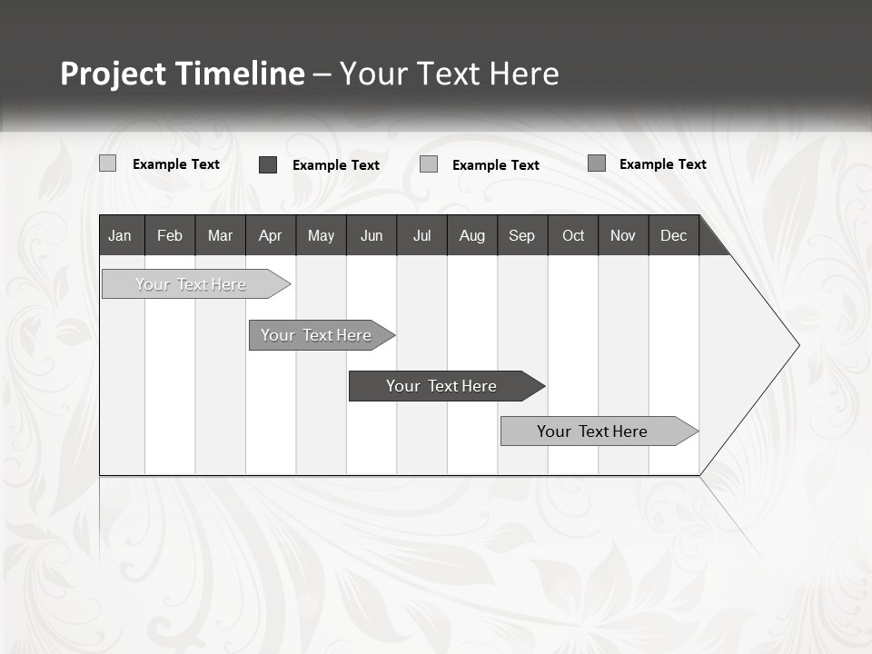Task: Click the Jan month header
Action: (x=120, y=235)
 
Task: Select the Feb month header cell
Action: (x=170, y=235)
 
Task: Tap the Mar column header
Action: (x=220, y=235)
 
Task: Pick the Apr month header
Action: (x=270, y=235)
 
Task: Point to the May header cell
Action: (x=321, y=235)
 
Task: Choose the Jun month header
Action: (x=372, y=235)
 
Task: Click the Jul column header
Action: (x=421, y=235)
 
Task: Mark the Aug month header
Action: (x=471, y=235)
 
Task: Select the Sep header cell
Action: (x=521, y=235)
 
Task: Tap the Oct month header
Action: (x=573, y=235)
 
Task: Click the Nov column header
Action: (x=623, y=235)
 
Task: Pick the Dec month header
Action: (x=673, y=235)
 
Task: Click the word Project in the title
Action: (x=113, y=74)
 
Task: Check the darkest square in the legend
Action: (x=268, y=164)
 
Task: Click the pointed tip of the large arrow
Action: (x=797, y=345)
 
